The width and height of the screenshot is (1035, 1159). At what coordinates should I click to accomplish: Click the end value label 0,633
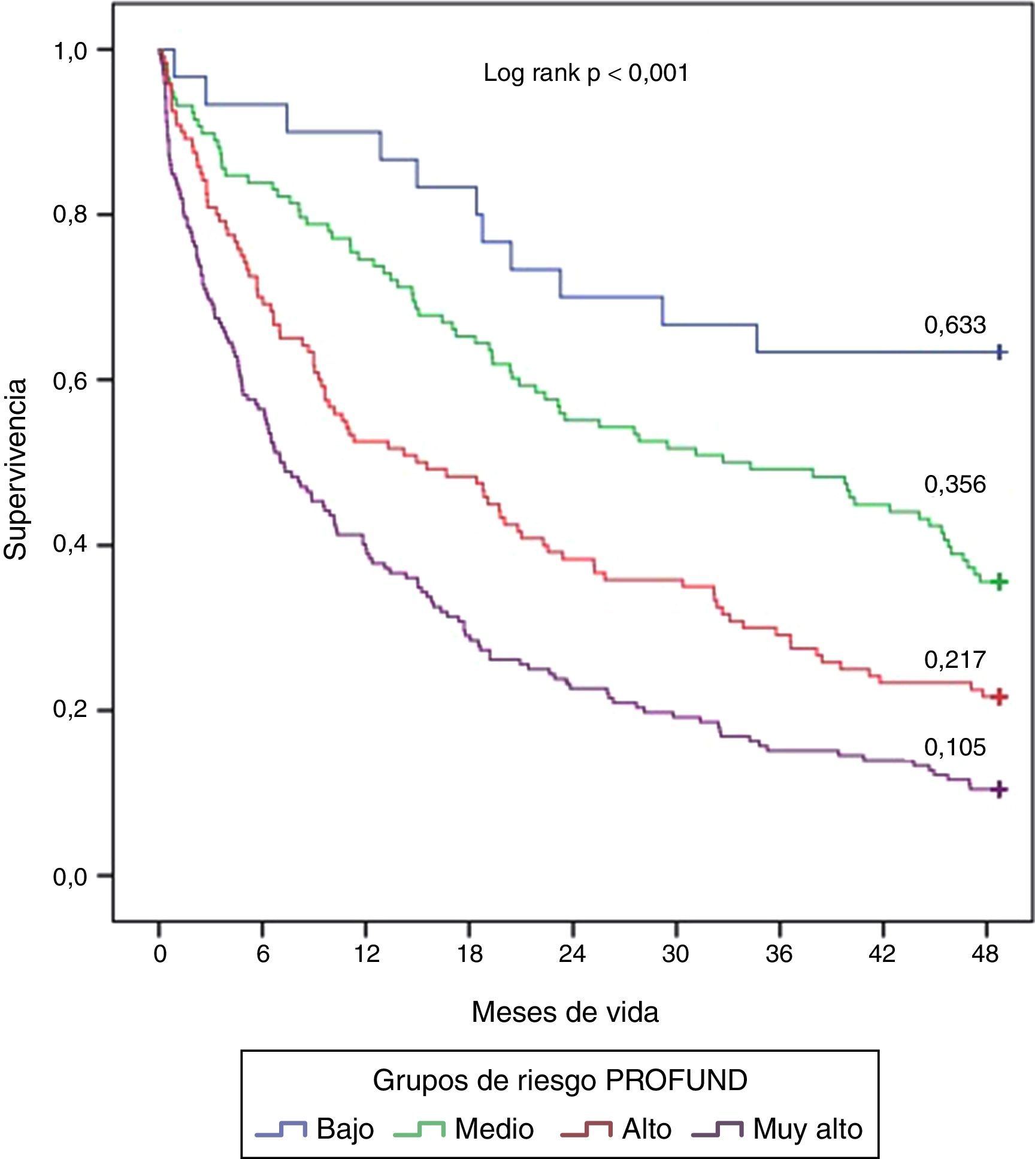point(954,325)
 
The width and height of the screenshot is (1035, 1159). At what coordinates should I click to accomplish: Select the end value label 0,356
point(954,485)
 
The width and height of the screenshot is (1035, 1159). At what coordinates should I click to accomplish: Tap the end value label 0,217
point(954,659)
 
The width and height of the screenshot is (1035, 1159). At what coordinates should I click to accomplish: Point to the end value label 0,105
point(954,747)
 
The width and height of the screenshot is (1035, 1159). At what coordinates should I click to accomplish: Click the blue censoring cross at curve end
point(998,352)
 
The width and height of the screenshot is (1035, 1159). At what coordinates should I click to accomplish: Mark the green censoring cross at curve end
point(998,582)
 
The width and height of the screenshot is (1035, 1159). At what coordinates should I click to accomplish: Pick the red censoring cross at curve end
point(998,697)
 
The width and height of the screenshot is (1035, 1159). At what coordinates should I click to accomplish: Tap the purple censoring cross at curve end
point(998,790)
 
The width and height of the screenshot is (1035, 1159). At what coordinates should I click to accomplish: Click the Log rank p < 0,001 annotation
point(586,73)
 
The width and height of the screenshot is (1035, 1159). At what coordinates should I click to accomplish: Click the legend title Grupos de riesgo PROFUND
point(559,1081)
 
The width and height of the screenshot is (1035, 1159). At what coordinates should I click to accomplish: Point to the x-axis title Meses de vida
point(565,1012)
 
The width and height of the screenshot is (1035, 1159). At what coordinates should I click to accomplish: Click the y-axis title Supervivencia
point(16,469)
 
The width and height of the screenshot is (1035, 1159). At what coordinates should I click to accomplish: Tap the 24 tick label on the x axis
point(572,953)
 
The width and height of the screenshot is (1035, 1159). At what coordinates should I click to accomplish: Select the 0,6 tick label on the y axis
point(70,380)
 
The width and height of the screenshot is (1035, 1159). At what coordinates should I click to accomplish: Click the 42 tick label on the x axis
point(882,953)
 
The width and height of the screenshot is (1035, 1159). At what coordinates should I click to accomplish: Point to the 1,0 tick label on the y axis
point(70,50)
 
